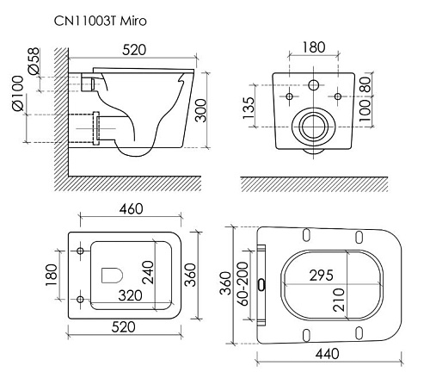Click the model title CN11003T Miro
pos(101,21)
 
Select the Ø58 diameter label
pos(34,61)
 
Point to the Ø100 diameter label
pos(17,93)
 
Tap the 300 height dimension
pos(200,110)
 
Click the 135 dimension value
pos(249,108)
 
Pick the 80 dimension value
pos(365,84)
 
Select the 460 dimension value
pos(131,209)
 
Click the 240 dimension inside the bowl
pos(148,272)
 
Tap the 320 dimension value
pos(130,295)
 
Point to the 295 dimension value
pos(322,276)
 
